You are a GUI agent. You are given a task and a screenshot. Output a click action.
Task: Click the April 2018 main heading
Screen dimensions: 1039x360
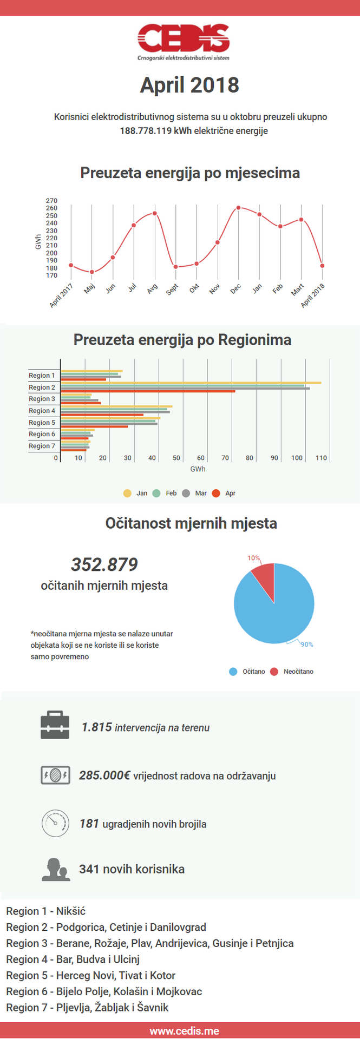pyautogui.click(x=189, y=85)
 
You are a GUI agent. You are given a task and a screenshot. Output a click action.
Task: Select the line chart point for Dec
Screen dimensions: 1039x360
pyautogui.click(x=238, y=208)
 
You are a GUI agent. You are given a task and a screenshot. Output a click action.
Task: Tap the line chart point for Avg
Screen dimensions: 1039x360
pyautogui.click(x=155, y=213)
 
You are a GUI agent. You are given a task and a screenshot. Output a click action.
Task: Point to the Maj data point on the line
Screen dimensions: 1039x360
pyautogui.click(x=92, y=272)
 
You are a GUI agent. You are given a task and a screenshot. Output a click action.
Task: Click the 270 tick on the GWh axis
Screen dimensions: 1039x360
pyautogui.click(x=51, y=201)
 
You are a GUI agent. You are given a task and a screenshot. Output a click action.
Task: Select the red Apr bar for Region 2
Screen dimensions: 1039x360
pyautogui.click(x=148, y=391)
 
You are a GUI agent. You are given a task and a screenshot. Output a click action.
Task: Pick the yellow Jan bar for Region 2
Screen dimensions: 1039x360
pyautogui.click(x=191, y=383)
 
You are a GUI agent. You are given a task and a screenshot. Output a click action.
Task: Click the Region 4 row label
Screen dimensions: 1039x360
pyautogui.click(x=42, y=411)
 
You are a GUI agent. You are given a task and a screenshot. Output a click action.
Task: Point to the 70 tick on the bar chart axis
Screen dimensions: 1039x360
pyautogui.click(x=225, y=458)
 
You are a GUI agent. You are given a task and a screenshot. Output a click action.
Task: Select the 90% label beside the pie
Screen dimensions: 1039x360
pyautogui.click(x=306, y=645)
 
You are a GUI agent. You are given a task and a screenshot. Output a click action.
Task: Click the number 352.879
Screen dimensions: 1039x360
pyautogui.click(x=104, y=564)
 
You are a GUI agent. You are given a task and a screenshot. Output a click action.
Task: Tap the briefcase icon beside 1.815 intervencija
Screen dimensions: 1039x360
pyautogui.click(x=55, y=725)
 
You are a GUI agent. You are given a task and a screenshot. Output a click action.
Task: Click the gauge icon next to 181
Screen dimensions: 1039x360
pyautogui.click(x=55, y=823)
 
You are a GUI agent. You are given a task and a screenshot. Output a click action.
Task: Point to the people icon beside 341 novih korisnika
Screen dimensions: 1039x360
pyautogui.click(x=56, y=870)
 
